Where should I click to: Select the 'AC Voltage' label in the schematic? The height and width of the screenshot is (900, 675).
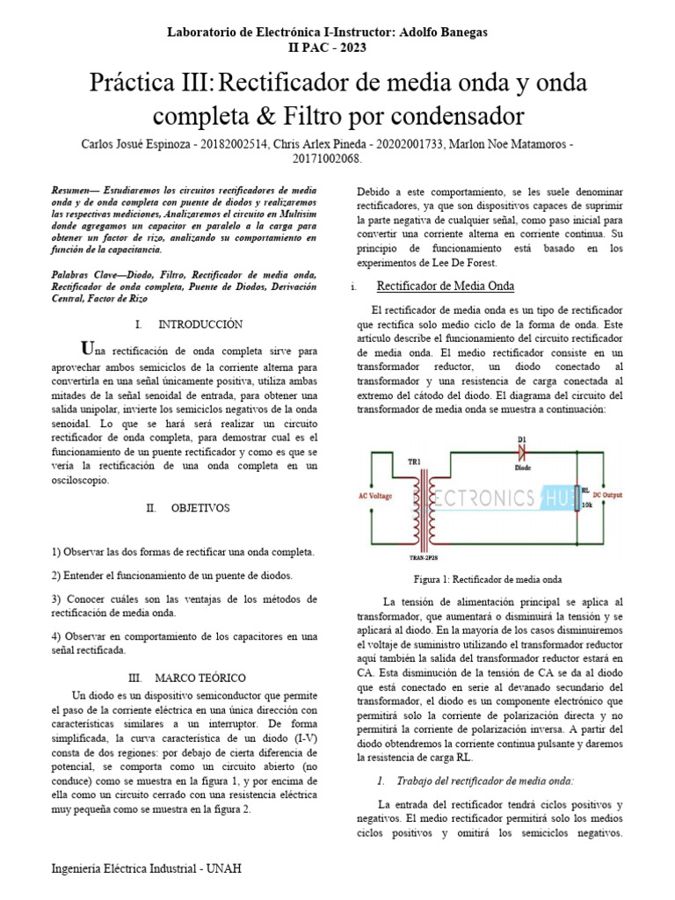(374, 496)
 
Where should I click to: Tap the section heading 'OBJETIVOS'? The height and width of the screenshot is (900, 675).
(200, 508)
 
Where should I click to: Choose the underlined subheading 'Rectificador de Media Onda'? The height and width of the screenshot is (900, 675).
(445, 287)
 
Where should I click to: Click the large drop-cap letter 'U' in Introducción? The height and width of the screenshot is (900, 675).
(85, 345)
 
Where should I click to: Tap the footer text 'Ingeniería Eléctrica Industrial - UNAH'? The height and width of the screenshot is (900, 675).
(146, 868)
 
